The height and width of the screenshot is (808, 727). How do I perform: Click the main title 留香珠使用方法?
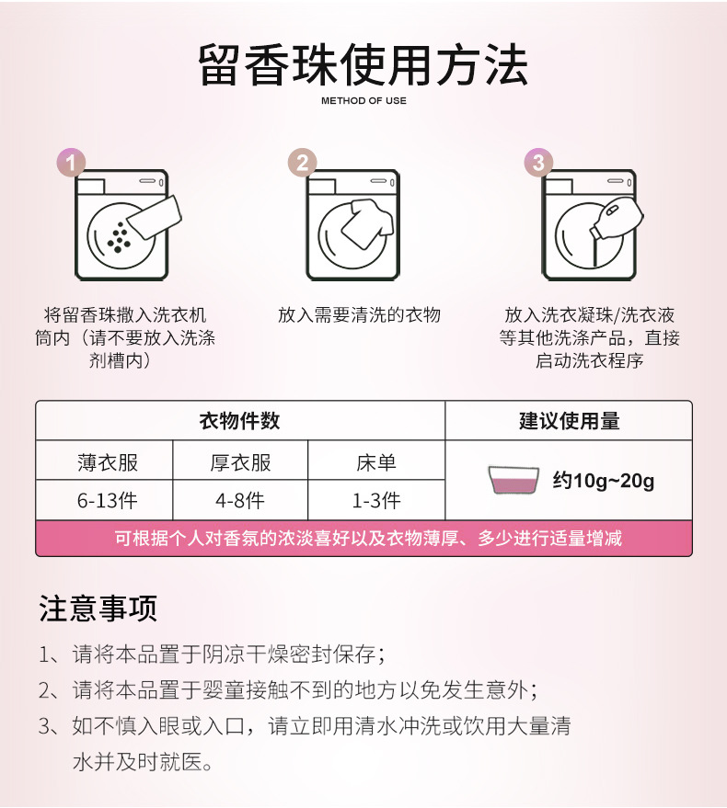tap(363, 64)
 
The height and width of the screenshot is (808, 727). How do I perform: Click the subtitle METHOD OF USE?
tap(363, 101)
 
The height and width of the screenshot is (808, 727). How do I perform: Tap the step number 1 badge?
tap(72, 163)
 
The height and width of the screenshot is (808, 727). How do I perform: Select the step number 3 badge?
tap(538, 163)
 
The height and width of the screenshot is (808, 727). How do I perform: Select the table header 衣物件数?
tap(239, 421)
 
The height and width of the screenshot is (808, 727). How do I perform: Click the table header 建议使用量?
tap(569, 421)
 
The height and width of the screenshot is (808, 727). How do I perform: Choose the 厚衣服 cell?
tap(240, 461)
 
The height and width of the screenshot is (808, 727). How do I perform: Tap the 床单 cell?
tap(375, 461)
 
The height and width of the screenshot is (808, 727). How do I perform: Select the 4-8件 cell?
tap(240, 501)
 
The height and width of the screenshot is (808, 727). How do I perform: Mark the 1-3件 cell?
tap(375, 501)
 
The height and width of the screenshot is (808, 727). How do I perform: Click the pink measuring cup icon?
tap(514, 481)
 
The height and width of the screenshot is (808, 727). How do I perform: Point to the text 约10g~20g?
tap(603, 481)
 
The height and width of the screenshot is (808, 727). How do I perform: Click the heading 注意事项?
tap(98, 608)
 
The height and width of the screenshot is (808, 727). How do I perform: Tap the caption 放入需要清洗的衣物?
tap(359, 315)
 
